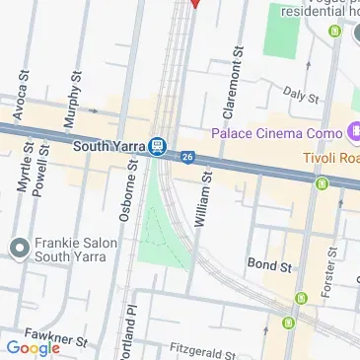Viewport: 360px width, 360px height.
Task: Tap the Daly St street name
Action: (x=301, y=95)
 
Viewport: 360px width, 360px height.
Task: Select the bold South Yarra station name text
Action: (x=109, y=147)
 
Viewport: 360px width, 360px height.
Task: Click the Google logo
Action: (x=33, y=347)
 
